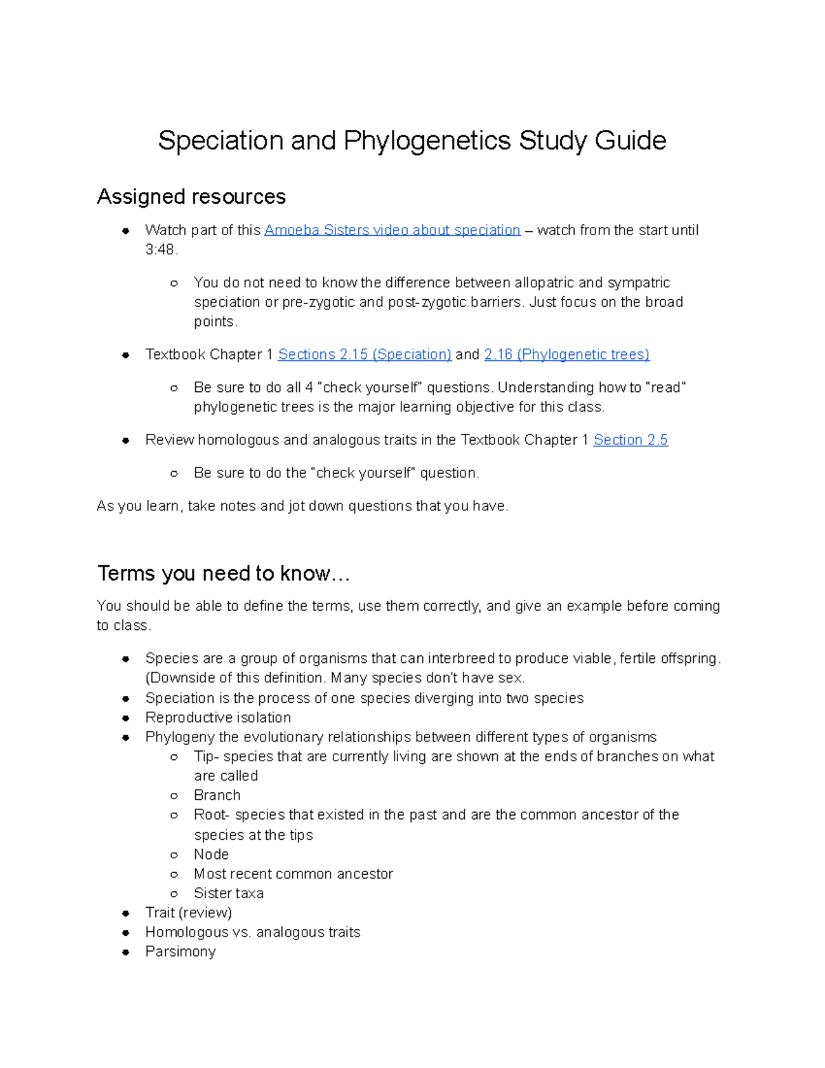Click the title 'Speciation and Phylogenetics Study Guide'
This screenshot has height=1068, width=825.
pos(412,141)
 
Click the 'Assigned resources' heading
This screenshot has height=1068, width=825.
pos(191,197)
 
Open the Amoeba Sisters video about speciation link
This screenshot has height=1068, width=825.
pos(392,230)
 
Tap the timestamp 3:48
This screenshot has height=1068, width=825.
pos(161,250)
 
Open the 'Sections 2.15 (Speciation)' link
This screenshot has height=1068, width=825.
pos(364,355)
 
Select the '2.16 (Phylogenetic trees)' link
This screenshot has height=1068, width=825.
pos(566,355)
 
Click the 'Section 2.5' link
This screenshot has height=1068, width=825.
pos(630,440)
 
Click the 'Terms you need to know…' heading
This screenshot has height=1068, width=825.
pos(223,574)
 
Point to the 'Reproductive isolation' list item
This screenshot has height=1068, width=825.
pos(218,718)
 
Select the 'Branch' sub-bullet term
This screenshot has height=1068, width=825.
pos(217,796)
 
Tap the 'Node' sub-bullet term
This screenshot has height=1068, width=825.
pos(211,855)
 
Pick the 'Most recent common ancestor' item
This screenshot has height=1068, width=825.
pos(294,874)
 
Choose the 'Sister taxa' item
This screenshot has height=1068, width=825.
pos(229,893)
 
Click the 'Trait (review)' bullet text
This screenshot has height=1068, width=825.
pos(188,913)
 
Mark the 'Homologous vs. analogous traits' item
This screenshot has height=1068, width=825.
pos(253,933)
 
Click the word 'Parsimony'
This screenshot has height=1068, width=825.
pos(180,952)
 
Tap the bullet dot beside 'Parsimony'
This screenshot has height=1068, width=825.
pos(126,952)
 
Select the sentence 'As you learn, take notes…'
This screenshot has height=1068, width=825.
pos(302,507)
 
